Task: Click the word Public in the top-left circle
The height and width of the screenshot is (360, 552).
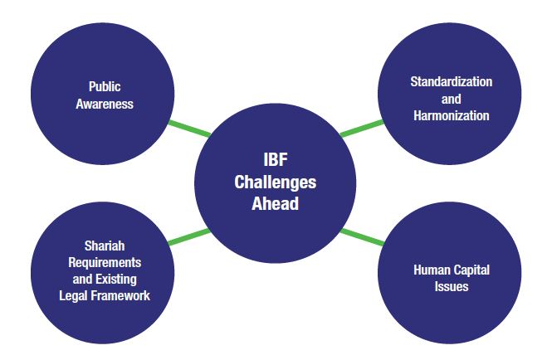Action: point(105,86)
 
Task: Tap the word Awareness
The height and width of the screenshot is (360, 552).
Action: point(105,104)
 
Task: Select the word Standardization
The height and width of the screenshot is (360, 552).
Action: point(452,81)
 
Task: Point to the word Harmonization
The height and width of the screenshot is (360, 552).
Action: point(452,115)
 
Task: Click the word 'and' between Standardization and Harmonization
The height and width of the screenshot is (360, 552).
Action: point(452,99)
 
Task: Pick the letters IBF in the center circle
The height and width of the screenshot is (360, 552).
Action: point(276,160)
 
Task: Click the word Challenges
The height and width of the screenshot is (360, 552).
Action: point(276,182)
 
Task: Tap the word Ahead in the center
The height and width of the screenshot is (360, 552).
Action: point(276,204)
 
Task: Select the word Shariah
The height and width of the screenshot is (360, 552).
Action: point(105,246)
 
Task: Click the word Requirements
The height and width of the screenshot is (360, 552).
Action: point(105,262)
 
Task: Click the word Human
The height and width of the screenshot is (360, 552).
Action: point(431,270)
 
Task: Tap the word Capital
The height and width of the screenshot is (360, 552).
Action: point(471,270)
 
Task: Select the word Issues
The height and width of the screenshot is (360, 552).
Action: point(452,286)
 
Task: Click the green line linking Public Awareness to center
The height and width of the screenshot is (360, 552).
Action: point(189,129)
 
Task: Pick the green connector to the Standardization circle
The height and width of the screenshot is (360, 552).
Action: point(362,129)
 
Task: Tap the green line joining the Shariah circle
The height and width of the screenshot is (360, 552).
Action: point(189,237)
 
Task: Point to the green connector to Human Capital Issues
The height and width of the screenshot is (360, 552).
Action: point(362,237)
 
